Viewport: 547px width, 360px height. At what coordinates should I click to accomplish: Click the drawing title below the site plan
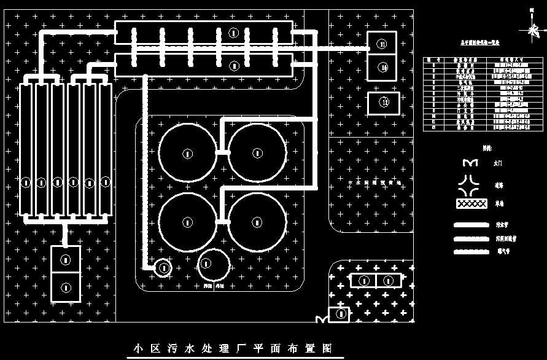click(x=233, y=348)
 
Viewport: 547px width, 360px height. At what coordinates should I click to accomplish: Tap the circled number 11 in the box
click(x=382, y=44)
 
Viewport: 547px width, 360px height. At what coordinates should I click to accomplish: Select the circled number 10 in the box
click(x=382, y=68)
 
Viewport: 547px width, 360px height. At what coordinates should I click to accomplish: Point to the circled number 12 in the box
click(x=384, y=102)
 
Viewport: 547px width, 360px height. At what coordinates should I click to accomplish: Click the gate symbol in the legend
click(x=470, y=163)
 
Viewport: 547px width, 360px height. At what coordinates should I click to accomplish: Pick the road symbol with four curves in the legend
click(x=470, y=184)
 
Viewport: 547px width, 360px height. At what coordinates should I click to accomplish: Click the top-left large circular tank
click(x=187, y=152)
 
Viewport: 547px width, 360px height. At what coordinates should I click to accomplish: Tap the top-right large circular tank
click(x=258, y=152)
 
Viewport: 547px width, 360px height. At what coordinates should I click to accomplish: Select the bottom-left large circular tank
click(x=187, y=221)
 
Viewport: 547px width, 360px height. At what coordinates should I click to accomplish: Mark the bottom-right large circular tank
click(x=258, y=221)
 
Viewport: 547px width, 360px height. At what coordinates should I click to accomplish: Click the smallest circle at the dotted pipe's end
click(x=163, y=268)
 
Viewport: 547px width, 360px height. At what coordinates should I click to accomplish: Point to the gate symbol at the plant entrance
click(x=321, y=318)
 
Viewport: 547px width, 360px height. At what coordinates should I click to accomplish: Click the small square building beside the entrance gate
click(x=339, y=315)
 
